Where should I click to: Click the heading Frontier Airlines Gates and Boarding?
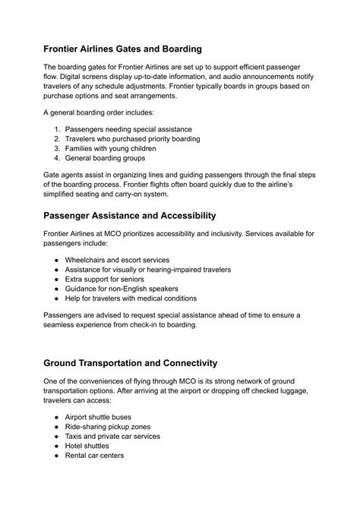click(122, 49)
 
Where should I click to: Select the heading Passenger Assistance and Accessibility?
click(129, 216)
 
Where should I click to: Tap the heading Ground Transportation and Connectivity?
click(131, 363)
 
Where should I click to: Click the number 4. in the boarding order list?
click(57, 159)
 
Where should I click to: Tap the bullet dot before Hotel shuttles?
click(57, 446)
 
